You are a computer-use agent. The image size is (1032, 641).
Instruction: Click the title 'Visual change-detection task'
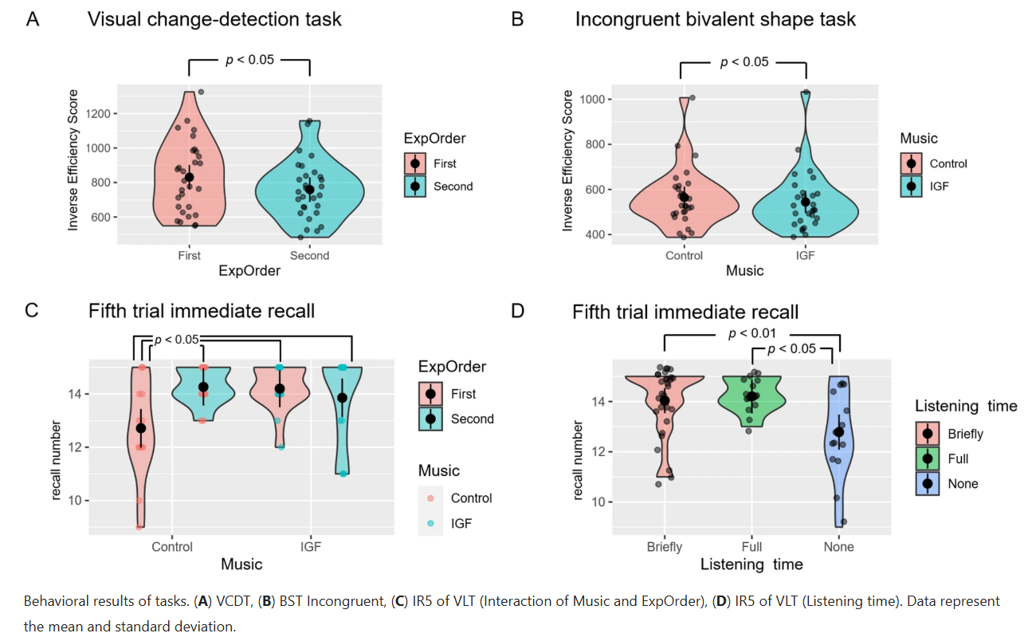click(x=214, y=19)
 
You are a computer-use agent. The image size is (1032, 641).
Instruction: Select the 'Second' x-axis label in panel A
click(x=309, y=256)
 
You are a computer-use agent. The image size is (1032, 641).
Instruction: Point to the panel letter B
click(x=517, y=19)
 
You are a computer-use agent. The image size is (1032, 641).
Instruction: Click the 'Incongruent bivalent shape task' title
click(x=716, y=19)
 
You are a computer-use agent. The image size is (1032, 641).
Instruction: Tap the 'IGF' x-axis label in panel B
click(x=805, y=256)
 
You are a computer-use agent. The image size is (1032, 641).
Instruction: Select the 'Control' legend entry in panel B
click(x=948, y=163)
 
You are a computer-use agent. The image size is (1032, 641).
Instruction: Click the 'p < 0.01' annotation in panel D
click(x=752, y=333)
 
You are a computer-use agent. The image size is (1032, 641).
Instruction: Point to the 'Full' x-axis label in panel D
click(x=751, y=547)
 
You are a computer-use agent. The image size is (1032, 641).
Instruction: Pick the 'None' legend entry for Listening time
click(x=962, y=483)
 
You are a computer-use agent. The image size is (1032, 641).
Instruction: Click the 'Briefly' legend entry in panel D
click(x=965, y=434)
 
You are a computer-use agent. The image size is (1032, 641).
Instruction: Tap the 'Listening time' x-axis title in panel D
click(x=751, y=564)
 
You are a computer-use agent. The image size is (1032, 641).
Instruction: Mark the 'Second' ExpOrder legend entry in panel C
click(x=472, y=419)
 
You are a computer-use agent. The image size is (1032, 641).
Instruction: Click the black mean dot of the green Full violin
click(x=751, y=395)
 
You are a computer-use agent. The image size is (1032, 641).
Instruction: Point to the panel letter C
click(x=32, y=311)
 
